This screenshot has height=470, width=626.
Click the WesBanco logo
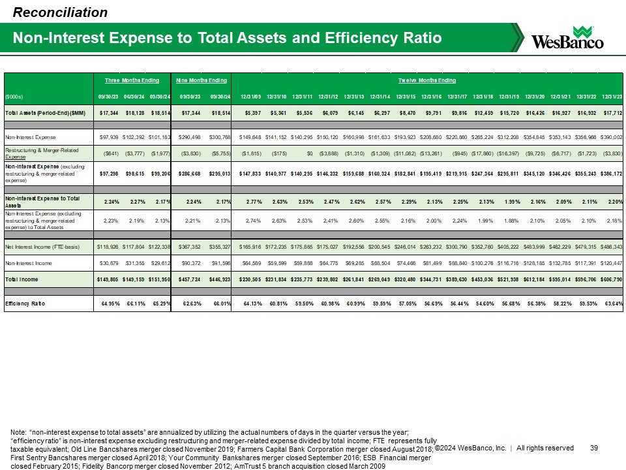point(568,37)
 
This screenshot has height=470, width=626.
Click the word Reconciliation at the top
point(60,12)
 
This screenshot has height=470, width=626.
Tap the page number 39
point(593,448)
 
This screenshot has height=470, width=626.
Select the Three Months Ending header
point(132,80)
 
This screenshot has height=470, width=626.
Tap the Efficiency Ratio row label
point(29,304)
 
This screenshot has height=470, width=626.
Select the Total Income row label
point(25,279)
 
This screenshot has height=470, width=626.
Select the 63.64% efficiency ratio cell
point(612,304)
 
